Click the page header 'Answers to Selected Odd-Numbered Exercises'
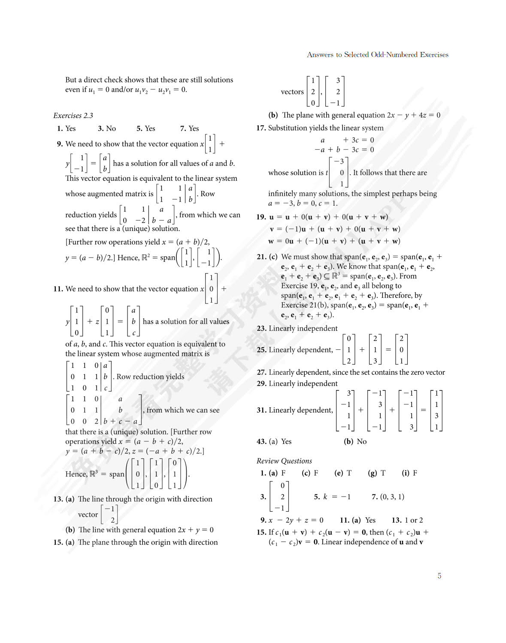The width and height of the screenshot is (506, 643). click(x=377, y=55)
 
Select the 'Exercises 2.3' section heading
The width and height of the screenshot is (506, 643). click(x=73, y=115)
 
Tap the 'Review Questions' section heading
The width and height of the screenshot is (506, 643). click(x=284, y=461)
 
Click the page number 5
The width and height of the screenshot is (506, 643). click(x=439, y=576)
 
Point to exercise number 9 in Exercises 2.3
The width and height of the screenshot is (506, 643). click(x=60, y=144)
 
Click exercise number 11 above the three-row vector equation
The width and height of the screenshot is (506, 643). click(x=58, y=289)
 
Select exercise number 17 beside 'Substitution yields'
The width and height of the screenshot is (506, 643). click(x=261, y=128)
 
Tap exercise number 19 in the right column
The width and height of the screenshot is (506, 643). click(x=261, y=217)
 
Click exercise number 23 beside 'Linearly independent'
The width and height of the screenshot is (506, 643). click(x=261, y=328)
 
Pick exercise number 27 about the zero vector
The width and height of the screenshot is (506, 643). click(x=261, y=373)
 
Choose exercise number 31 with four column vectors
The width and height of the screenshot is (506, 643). click(x=261, y=410)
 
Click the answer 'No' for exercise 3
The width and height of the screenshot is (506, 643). click(x=111, y=128)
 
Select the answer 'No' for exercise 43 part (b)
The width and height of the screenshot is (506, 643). click(x=361, y=441)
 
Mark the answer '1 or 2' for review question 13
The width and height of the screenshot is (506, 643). click(x=413, y=520)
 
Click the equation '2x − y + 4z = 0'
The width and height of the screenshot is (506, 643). click(x=413, y=115)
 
